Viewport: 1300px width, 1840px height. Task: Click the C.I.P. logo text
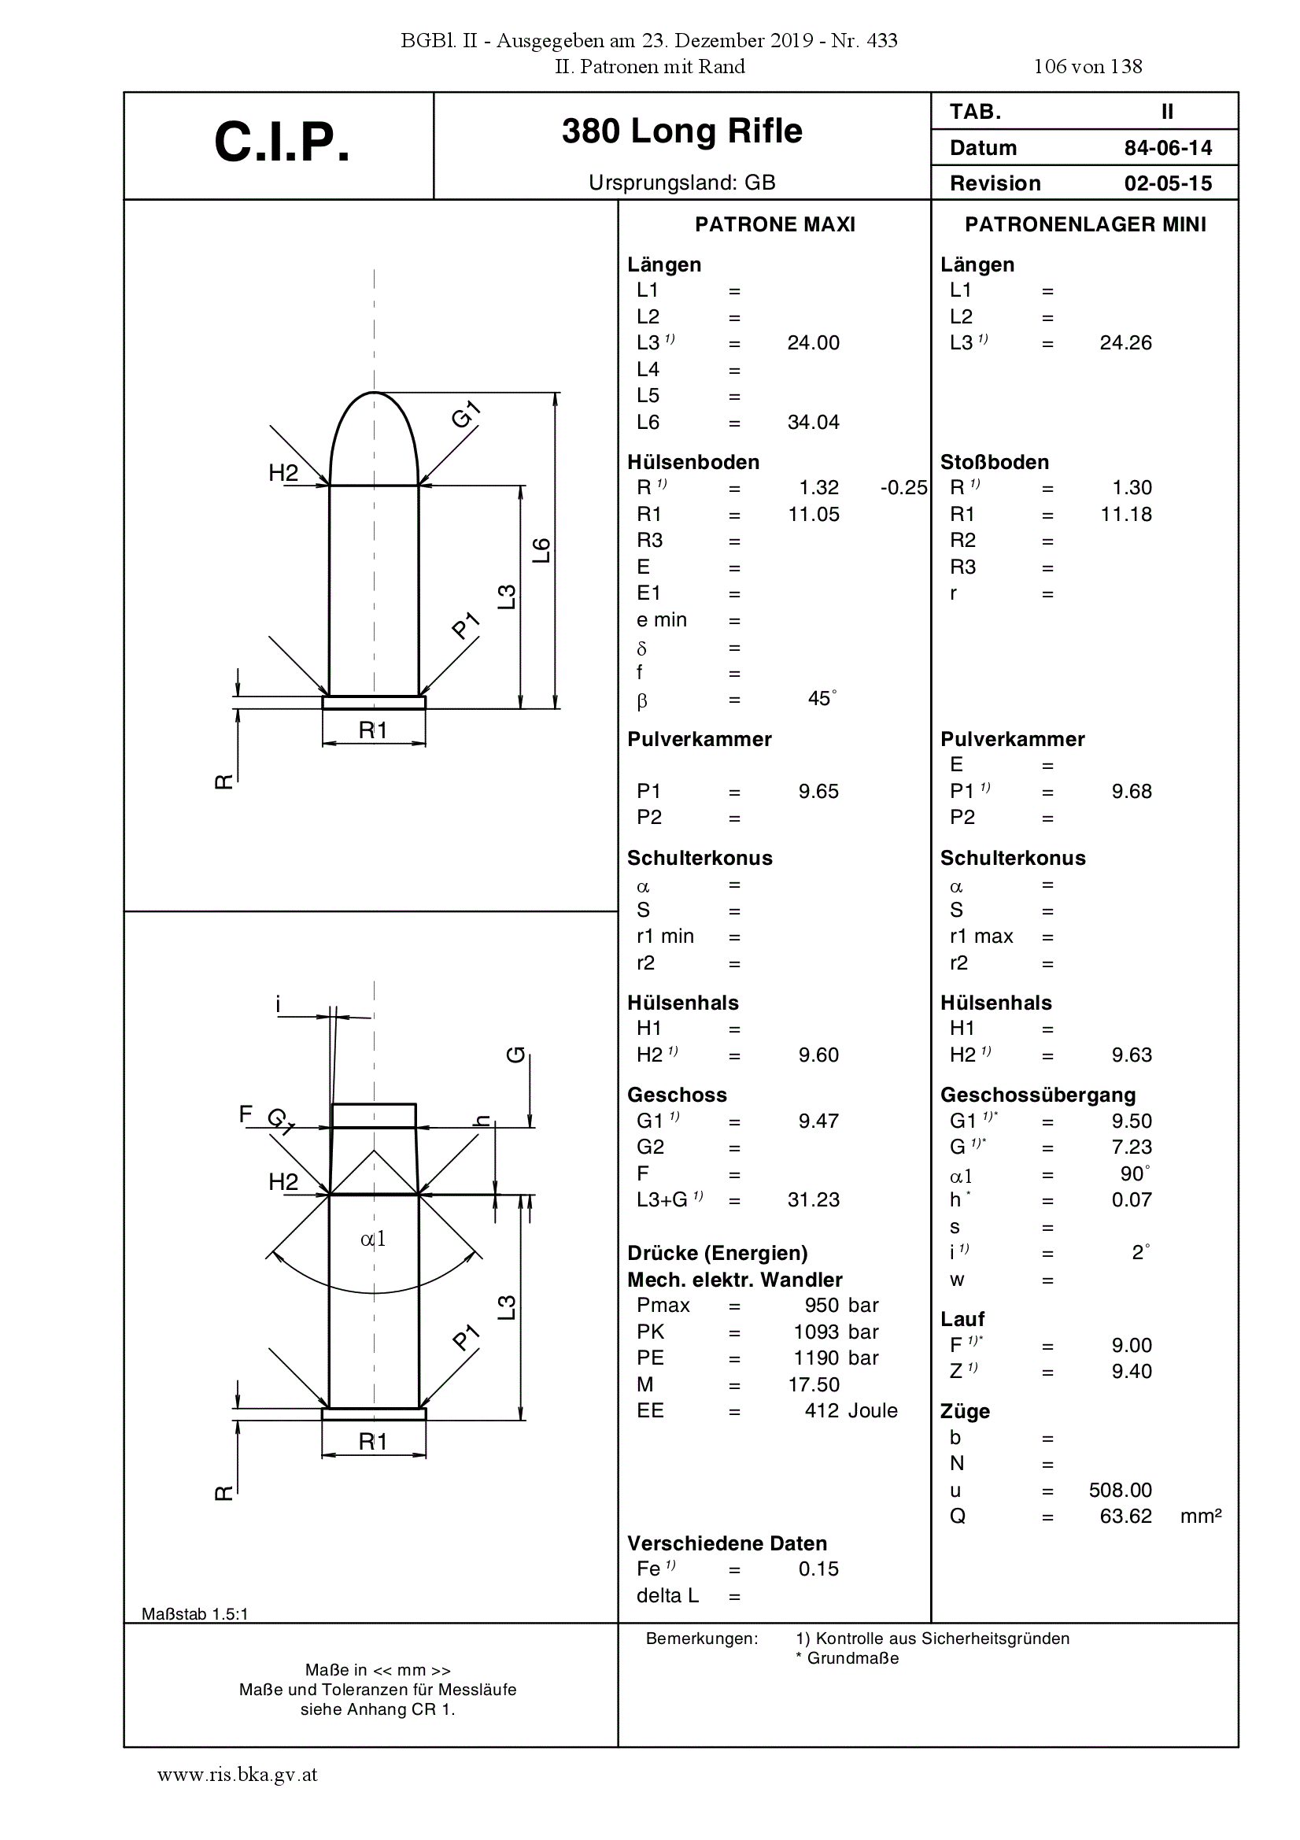[x=283, y=143]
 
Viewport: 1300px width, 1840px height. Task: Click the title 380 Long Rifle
[x=682, y=131]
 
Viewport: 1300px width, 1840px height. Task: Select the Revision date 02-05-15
[x=1168, y=183]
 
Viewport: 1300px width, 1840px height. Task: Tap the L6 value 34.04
[x=814, y=423]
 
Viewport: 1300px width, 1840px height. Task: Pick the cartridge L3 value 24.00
[x=814, y=343]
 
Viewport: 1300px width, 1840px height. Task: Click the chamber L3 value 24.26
[x=1126, y=343]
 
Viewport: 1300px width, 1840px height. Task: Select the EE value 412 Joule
[x=851, y=1410]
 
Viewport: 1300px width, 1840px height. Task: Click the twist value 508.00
[x=1121, y=1490]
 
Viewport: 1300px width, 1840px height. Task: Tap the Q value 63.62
[x=1126, y=1517]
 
